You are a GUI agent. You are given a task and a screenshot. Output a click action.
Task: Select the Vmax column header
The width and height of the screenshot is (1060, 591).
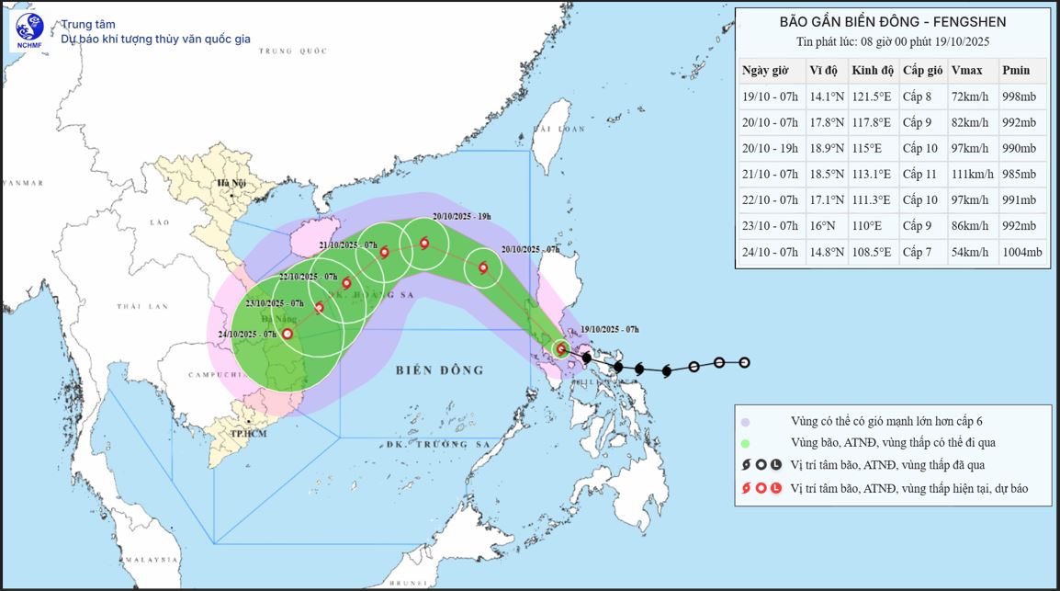click(x=966, y=71)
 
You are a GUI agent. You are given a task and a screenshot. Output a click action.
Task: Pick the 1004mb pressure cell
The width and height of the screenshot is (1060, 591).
click(x=1022, y=252)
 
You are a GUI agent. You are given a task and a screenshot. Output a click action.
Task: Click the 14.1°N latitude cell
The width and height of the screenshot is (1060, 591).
click(x=825, y=97)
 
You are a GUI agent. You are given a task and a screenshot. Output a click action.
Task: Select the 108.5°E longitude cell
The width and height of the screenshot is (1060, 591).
click(x=871, y=252)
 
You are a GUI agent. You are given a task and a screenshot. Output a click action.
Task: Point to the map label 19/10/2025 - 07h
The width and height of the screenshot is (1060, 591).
click(x=610, y=329)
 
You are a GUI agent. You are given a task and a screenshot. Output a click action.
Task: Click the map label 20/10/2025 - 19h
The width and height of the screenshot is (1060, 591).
click(x=462, y=216)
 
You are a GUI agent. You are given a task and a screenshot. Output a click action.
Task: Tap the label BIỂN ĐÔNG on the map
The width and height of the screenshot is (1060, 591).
click(x=439, y=370)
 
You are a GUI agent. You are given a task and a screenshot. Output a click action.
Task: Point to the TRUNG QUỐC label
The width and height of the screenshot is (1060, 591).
click(x=292, y=51)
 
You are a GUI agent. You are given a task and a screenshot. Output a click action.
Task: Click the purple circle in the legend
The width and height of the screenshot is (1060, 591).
click(x=746, y=422)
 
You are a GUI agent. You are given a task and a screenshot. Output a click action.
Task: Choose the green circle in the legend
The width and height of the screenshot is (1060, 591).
click(x=746, y=443)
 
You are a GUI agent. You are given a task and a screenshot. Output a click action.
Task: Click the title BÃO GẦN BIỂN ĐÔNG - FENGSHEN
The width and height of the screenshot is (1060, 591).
click(x=893, y=21)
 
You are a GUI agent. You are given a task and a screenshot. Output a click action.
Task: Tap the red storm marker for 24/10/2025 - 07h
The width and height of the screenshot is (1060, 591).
click(x=288, y=335)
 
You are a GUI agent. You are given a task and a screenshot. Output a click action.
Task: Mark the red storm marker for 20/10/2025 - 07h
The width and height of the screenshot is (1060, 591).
click(x=483, y=268)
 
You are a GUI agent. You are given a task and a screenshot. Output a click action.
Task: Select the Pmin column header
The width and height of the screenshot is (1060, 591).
click(x=1016, y=71)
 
